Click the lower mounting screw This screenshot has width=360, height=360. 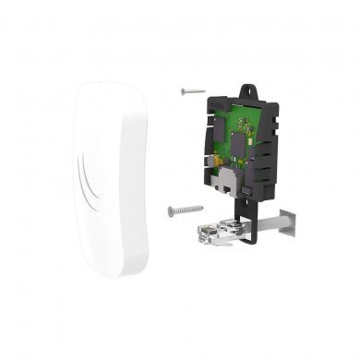(x=184, y=210)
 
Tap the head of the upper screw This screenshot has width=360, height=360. (x=184, y=90)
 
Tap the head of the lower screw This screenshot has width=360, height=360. (x=172, y=210)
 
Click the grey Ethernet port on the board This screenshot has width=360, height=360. (x=223, y=181)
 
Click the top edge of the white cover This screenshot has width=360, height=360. (x=102, y=84)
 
